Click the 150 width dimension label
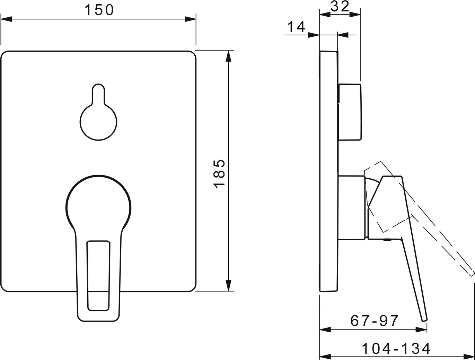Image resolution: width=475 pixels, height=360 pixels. (x=99, y=10)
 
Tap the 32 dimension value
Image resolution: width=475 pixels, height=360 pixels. (x=340, y=7)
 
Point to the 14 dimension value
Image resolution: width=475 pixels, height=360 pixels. (x=296, y=27)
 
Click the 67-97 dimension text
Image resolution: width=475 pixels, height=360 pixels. (x=374, y=321)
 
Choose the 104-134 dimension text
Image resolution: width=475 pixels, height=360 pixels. (x=396, y=349)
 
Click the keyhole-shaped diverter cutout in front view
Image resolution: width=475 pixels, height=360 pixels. (x=98, y=112)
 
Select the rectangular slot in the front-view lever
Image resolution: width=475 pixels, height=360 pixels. (x=98, y=276)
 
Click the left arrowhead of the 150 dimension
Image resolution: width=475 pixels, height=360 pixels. (x=6, y=19)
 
